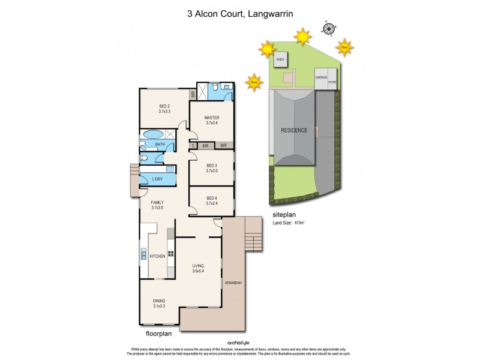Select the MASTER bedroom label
pos(211,118)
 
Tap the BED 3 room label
pos(211,166)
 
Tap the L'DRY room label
pos(158,179)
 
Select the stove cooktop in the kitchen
pos(170,253)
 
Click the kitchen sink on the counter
pos(143,254)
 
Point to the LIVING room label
pos(199,266)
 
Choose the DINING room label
pos(158,301)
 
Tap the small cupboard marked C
pos(193,145)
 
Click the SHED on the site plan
pos(280,59)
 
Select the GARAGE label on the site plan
pos(321,77)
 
